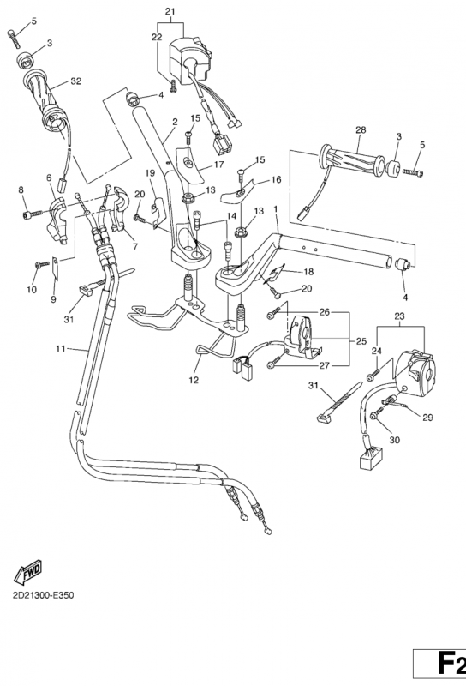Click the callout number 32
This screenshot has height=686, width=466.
pos(75,81)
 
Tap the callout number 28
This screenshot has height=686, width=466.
pos(361,130)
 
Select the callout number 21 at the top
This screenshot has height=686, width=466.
pos(170,11)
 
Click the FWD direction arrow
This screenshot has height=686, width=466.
pos(28,571)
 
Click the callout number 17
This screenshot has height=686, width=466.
pos(218,165)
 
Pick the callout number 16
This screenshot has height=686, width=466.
pos(276,181)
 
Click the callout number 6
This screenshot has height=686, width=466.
pos(49,178)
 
